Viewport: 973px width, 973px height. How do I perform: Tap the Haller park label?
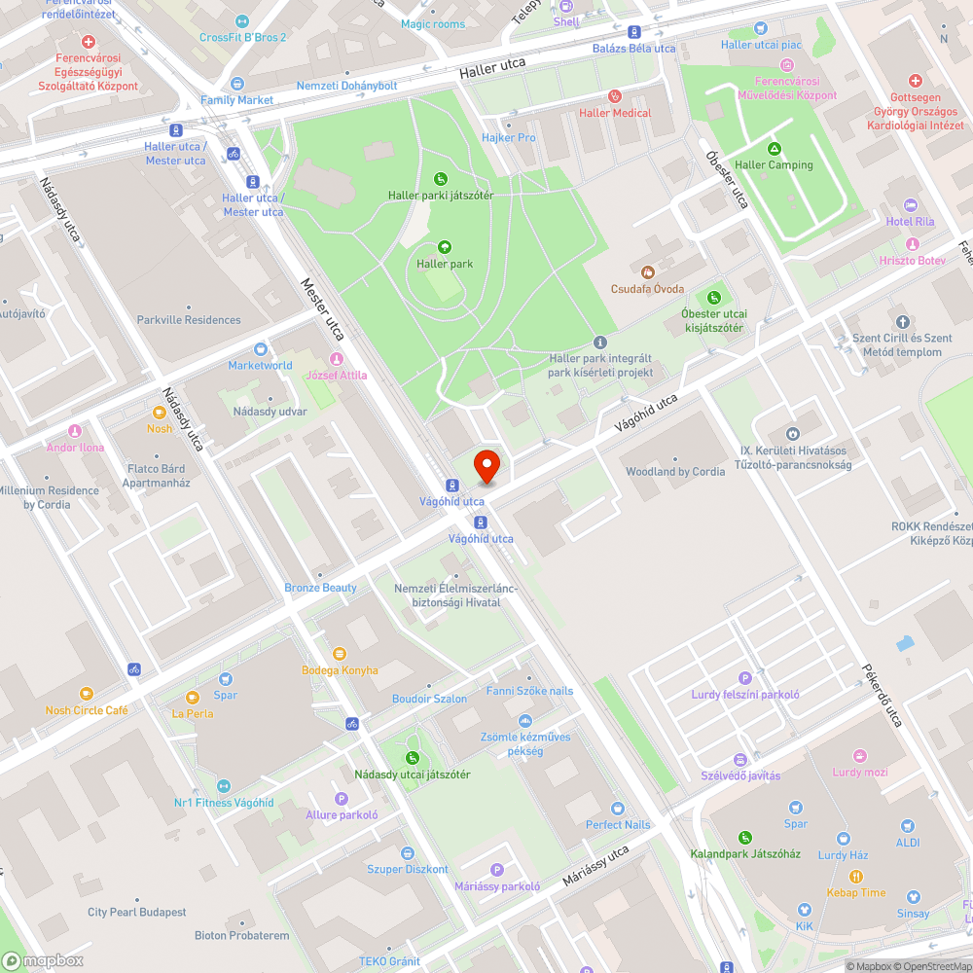point(445,264)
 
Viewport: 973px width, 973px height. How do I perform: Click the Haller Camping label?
point(774,164)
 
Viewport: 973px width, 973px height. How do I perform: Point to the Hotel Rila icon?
point(911,204)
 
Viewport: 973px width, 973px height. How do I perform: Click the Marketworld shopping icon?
point(260,349)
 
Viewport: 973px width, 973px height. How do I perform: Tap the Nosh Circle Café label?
point(87,710)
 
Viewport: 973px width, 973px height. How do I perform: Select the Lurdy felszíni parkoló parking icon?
point(745,678)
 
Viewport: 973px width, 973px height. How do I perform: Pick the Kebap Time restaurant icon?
point(856,876)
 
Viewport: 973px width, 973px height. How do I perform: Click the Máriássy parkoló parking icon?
point(497,870)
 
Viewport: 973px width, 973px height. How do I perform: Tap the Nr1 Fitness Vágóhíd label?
point(224,803)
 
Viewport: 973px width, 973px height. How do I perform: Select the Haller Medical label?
point(615,113)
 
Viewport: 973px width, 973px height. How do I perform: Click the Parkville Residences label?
point(189,320)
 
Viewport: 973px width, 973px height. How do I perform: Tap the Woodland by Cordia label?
point(675,472)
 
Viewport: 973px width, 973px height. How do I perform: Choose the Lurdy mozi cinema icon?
point(859,755)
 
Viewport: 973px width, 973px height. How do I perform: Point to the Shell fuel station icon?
point(565,6)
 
